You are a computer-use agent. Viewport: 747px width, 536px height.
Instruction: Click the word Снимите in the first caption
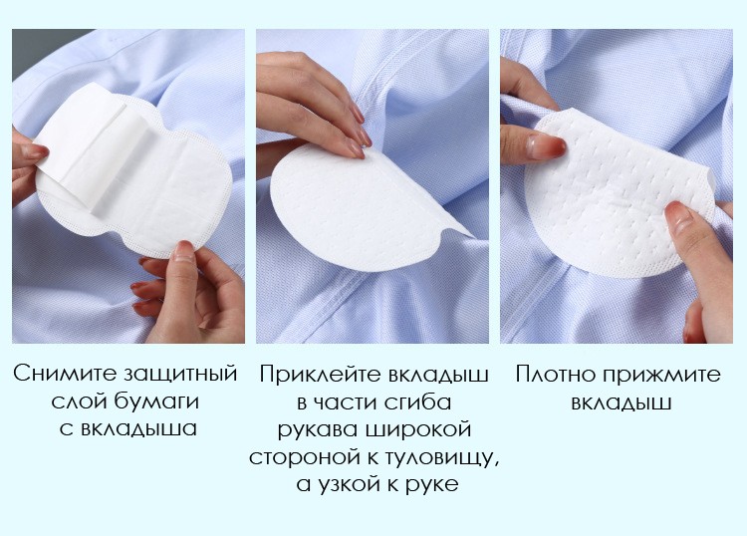coord(65,373)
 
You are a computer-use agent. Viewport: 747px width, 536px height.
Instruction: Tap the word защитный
coord(180,374)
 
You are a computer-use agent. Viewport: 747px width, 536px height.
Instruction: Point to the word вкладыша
coord(138,428)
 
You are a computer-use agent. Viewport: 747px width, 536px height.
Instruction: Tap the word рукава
coord(318,429)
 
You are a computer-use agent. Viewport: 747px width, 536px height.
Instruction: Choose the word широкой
coord(417,428)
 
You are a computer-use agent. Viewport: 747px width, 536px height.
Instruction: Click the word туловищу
coord(435,457)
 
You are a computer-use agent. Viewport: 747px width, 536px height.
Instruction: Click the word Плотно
coord(555,374)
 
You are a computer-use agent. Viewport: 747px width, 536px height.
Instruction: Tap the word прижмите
coord(661,375)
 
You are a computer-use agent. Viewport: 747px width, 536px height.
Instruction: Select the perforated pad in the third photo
coord(620,190)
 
